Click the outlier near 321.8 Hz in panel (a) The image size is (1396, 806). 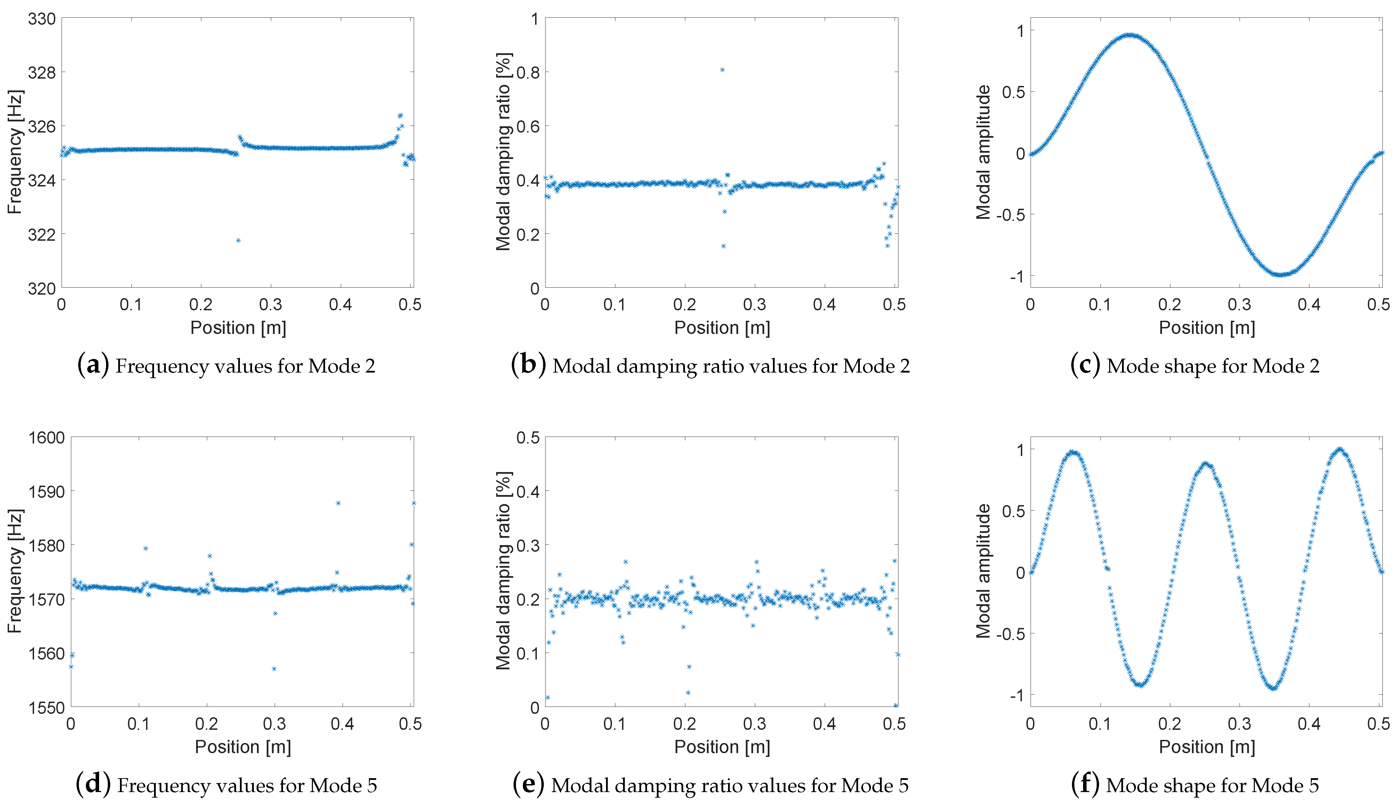238,240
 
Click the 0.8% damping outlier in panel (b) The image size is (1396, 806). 722,70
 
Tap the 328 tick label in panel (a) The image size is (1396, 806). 42,72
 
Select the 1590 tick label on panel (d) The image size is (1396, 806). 47,492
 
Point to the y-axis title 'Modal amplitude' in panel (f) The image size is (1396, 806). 983,571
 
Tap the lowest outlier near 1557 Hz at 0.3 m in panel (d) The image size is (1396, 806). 274,669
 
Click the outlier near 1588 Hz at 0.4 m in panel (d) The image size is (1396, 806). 338,503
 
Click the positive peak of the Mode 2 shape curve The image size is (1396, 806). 1130,35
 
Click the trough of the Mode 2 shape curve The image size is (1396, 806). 1281,274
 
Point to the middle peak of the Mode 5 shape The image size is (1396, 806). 1206,464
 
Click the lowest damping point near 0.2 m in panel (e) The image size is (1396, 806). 688,693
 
